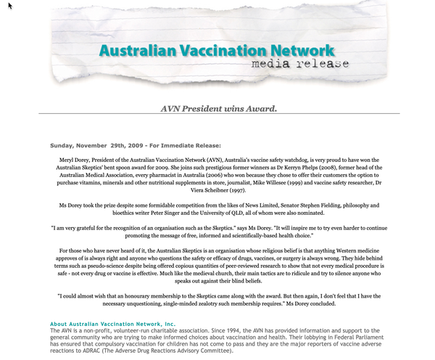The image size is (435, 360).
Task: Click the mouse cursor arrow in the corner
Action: point(9,5)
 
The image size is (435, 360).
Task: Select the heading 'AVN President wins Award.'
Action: point(218,109)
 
